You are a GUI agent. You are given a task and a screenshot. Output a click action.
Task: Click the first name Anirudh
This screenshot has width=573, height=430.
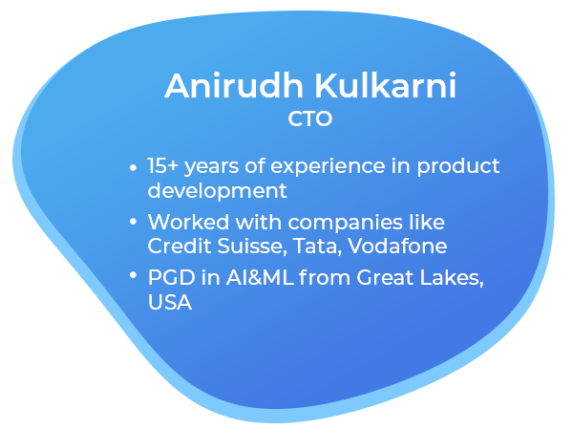[234, 86]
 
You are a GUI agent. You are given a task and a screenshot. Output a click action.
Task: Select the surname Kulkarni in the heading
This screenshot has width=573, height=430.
[386, 86]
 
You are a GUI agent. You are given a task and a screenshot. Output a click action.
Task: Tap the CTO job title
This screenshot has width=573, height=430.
[309, 118]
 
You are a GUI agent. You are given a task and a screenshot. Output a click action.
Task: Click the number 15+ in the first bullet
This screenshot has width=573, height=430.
[162, 165]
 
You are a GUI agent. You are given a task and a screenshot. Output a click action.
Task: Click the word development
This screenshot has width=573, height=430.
[217, 192]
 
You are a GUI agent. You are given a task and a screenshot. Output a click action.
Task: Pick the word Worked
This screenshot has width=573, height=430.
[188, 222]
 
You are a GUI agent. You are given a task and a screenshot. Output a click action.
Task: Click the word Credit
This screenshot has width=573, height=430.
[179, 246]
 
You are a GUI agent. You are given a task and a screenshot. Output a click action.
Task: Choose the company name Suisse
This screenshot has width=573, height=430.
[250, 246]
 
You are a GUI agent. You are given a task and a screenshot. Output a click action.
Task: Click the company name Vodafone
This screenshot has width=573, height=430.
[397, 246]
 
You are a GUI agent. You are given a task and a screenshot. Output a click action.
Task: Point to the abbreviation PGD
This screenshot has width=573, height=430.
[171, 277]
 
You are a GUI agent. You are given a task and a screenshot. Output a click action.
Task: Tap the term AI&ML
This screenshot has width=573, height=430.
[260, 277]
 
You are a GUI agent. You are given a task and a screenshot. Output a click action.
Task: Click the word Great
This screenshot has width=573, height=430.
[385, 277]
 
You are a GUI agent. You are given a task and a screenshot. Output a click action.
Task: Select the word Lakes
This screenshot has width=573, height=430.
[452, 278]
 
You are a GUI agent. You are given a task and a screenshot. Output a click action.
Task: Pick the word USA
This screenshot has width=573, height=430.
[170, 302]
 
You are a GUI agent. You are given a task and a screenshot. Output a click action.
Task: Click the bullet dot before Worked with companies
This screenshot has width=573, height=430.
[133, 222]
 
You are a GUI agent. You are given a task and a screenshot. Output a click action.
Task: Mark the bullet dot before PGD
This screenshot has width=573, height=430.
[133, 275]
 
